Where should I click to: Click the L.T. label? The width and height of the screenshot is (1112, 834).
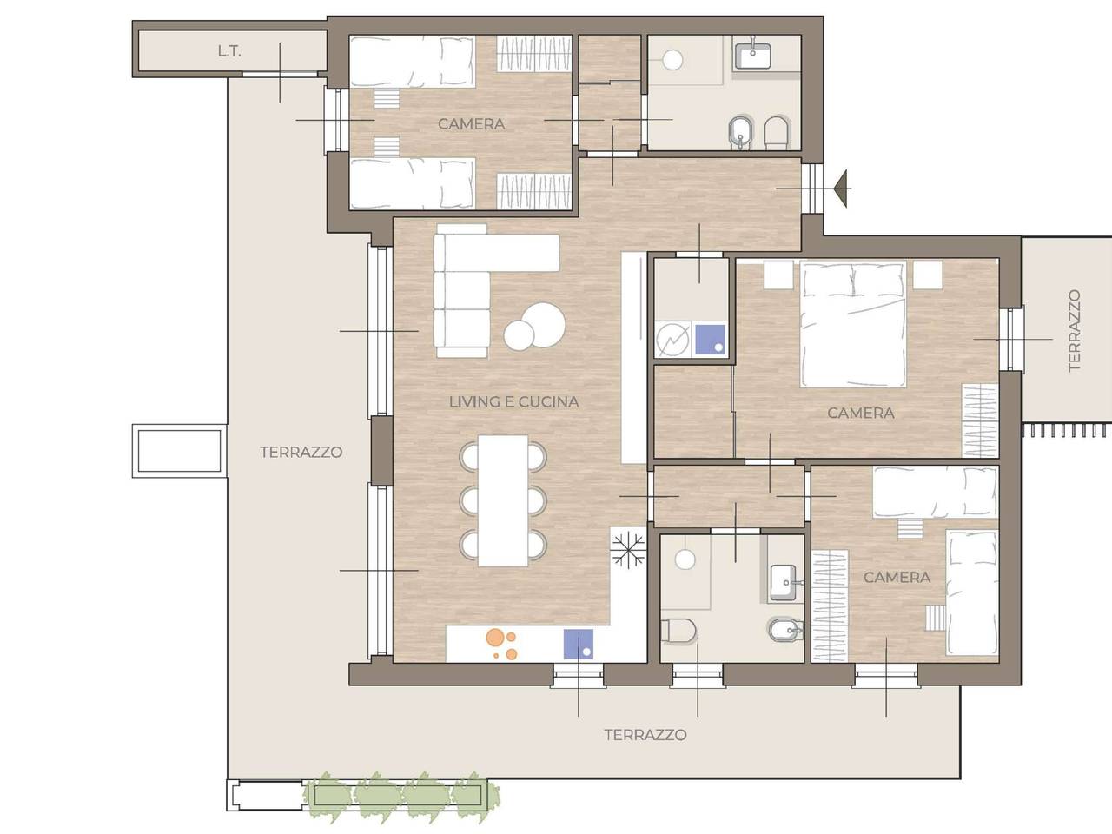coord(229,51)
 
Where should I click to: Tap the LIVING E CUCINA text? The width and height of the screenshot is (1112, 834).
coord(513,402)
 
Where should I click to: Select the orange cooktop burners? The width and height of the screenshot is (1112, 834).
coord(501,644)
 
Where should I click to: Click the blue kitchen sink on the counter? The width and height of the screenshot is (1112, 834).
coord(579,644)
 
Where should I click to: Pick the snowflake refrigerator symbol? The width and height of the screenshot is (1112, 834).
coord(628,551)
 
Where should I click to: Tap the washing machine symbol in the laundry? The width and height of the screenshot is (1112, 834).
coord(672,340)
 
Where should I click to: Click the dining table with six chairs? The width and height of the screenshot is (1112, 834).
coord(503,500)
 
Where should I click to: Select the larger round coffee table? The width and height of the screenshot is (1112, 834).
coord(543,325)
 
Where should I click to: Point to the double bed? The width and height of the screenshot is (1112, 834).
coord(852,324)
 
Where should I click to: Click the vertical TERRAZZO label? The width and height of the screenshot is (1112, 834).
coord(1074,331)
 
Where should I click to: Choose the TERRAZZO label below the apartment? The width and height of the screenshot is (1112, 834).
coord(645,735)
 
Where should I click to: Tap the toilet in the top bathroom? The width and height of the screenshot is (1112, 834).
coord(778,133)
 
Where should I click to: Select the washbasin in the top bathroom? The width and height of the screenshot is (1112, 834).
coord(753,56)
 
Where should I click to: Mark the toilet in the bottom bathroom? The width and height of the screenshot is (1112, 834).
coord(678,631)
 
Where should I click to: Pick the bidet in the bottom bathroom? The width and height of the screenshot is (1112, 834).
coord(786,631)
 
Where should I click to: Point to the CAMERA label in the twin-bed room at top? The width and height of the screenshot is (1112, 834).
coord(471,124)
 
